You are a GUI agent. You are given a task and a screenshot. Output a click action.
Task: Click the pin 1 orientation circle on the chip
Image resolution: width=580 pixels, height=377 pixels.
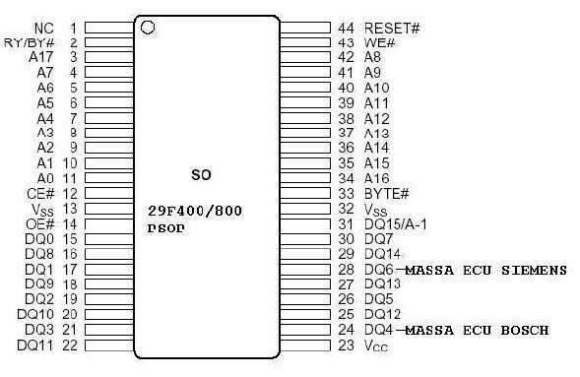click(x=148, y=28)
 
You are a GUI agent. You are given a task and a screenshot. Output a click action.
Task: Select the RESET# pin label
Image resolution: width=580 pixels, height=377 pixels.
click(x=392, y=29)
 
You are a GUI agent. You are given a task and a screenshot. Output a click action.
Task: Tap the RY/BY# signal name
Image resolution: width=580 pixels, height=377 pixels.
click(x=30, y=43)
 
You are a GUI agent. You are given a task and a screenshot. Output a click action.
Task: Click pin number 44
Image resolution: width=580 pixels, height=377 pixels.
click(x=347, y=29)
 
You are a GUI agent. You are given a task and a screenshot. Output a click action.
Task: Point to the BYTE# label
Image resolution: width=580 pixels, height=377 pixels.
click(x=387, y=193)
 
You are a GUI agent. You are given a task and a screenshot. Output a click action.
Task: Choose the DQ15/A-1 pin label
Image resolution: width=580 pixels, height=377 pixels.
click(x=396, y=224)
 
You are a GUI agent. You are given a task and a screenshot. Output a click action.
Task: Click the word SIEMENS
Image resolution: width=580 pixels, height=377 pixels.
click(x=534, y=270)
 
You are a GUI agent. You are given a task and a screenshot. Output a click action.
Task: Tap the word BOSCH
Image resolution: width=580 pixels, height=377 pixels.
click(x=525, y=330)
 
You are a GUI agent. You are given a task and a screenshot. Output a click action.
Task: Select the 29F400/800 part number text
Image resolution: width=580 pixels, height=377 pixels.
click(x=195, y=211)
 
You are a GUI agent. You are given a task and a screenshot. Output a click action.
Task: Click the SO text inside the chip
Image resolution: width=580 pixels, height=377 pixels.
click(x=201, y=175)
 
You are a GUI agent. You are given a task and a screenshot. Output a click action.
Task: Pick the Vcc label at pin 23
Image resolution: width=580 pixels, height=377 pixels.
click(x=376, y=346)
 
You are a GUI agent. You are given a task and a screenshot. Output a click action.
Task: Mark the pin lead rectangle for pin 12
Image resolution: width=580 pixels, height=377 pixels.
click(x=109, y=193)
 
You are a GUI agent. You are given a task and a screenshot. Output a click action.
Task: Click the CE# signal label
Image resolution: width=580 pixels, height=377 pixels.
click(x=40, y=193)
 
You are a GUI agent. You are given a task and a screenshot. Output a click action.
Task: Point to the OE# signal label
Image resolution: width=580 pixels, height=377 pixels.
click(x=40, y=224)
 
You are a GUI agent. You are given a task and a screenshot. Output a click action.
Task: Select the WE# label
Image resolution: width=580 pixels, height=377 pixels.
click(x=380, y=43)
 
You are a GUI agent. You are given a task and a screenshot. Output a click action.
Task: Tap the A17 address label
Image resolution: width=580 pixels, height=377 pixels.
click(x=41, y=57)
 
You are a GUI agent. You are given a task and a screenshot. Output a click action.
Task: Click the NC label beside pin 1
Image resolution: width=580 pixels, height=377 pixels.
click(x=44, y=29)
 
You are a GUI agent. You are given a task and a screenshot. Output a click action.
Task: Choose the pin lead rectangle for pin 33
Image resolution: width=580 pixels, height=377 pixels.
click(x=305, y=193)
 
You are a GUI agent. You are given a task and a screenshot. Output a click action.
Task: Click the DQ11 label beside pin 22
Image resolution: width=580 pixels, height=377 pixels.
click(x=35, y=346)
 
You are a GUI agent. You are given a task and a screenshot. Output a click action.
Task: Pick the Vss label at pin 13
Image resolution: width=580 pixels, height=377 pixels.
click(x=43, y=210)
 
